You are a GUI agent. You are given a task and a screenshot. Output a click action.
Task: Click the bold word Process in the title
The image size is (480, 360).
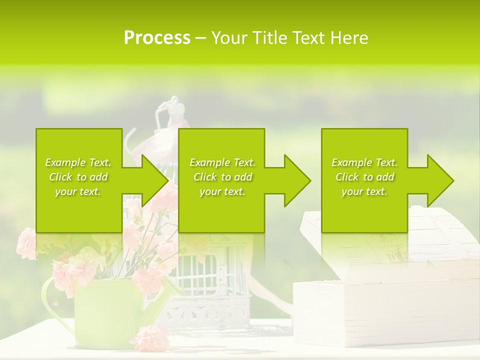(157, 38)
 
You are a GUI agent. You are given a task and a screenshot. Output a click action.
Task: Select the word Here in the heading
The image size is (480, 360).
(350, 38)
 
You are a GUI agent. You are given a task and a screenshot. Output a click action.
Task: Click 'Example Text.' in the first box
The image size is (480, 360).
(78, 162)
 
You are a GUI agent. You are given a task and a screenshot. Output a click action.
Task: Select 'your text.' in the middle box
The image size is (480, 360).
(222, 191)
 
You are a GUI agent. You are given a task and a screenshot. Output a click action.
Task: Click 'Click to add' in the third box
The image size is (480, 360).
(364, 177)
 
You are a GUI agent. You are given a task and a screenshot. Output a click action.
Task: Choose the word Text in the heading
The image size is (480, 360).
(310, 38)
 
